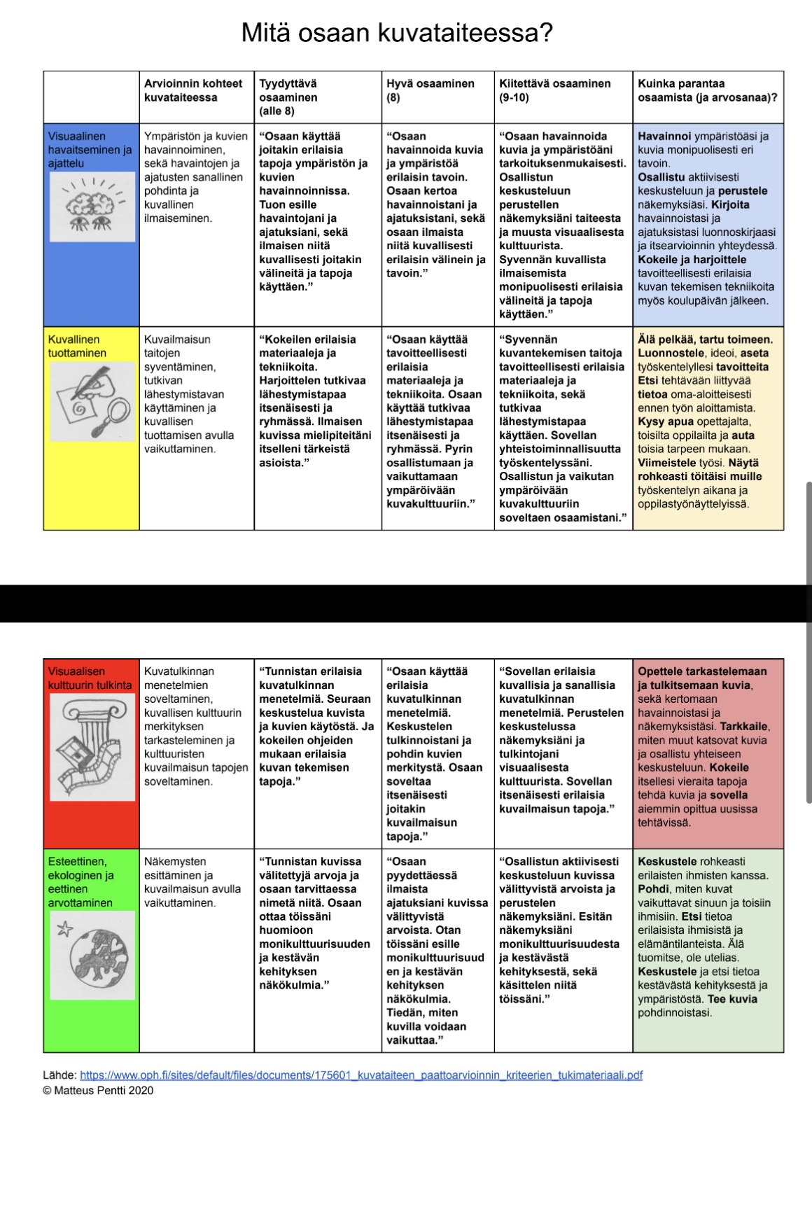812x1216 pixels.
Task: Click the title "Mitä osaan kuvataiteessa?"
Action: [x=397, y=33]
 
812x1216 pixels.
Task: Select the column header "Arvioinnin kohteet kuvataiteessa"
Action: [x=192, y=90]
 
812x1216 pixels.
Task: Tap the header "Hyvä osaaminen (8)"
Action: [x=430, y=90]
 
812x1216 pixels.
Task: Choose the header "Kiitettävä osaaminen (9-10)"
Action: [x=554, y=90]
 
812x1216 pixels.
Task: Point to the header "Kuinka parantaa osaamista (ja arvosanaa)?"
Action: [x=707, y=90]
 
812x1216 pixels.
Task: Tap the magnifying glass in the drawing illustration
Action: [x=113, y=415]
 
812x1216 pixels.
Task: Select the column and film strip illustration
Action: [x=92, y=748]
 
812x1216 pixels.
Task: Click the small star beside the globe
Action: [x=64, y=930]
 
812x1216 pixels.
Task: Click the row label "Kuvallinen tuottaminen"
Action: [x=77, y=347]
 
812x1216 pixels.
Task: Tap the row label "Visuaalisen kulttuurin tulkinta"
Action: [x=90, y=678]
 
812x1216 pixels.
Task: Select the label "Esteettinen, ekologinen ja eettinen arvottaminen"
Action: [x=80, y=882]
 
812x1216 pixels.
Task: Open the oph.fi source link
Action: [x=361, y=1075]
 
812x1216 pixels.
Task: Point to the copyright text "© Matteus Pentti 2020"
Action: [x=98, y=1091]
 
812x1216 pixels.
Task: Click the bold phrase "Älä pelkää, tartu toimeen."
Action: [x=705, y=340]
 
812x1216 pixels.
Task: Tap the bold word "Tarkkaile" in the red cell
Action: [x=744, y=727]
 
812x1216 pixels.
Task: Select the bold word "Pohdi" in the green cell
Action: [x=653, y=889]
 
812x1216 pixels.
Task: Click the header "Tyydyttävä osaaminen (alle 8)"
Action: [x=288, y=97]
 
